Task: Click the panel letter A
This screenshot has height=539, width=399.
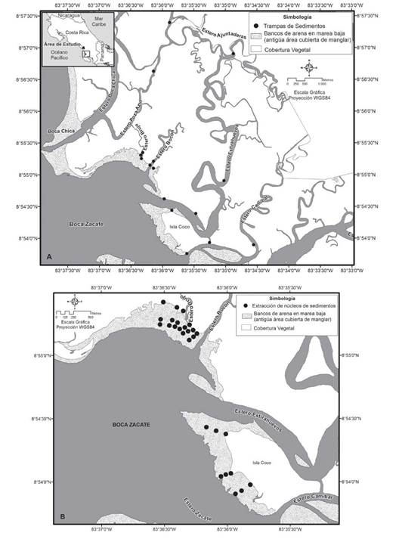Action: (x=49, y=258)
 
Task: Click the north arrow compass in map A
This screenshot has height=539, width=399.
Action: (x=315, y=68)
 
